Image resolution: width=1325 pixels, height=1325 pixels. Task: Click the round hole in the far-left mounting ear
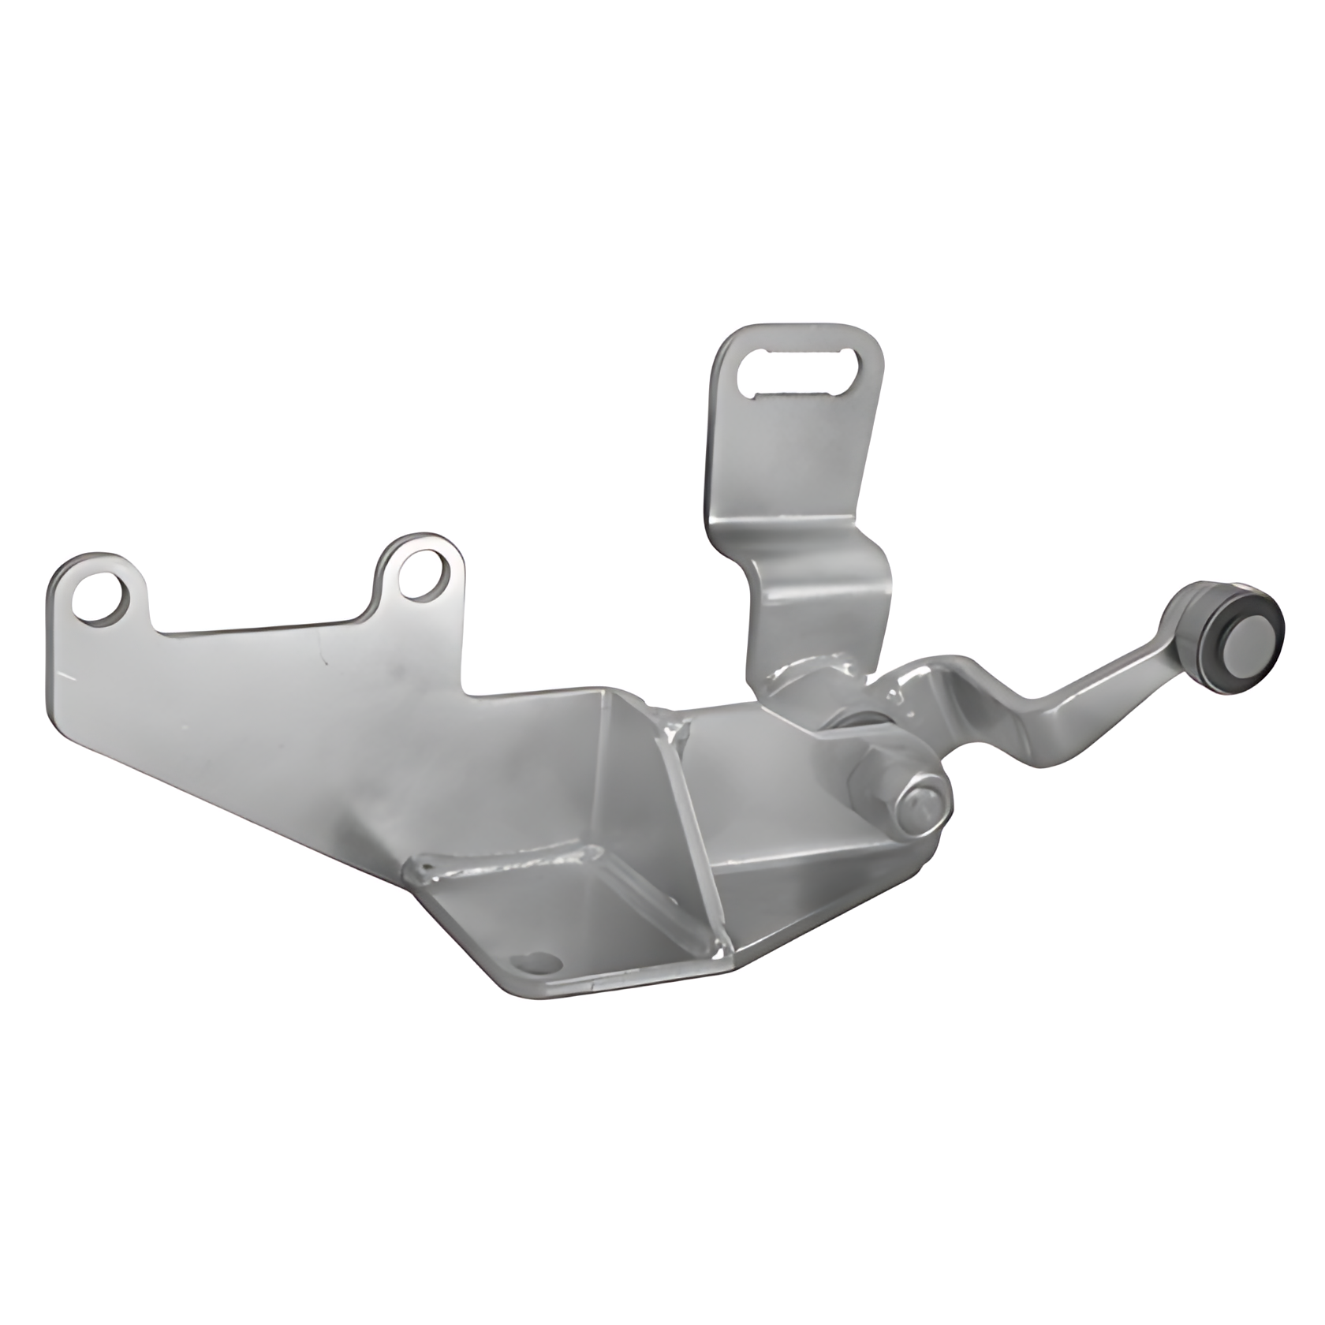(99, 599)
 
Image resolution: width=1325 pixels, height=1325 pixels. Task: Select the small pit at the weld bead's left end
(427, 869)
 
